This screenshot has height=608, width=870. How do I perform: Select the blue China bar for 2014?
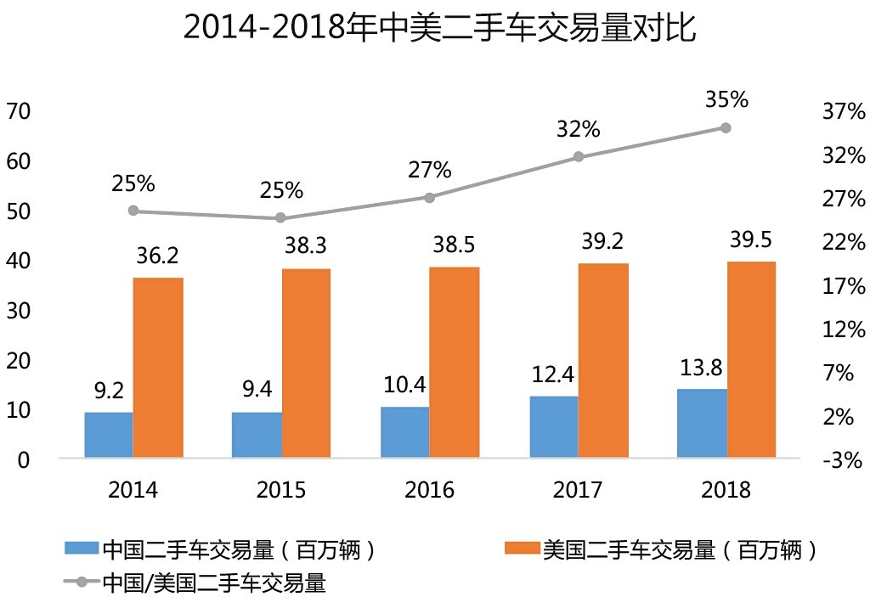click(109, 435)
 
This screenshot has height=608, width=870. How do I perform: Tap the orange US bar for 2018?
click(751, 359)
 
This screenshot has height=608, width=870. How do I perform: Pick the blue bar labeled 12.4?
click(554, 426)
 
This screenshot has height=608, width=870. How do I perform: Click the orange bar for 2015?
click(306, 363)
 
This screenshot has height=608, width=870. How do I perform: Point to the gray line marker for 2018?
click(726, 127)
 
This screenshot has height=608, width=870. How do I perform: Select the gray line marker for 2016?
click(429, 197)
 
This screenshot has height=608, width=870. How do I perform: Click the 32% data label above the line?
click(579, 129)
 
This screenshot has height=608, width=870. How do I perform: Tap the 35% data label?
click(726, 99)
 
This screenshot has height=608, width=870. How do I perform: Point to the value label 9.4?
click(257, 391)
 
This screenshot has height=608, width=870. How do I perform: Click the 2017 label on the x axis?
click(578, 490)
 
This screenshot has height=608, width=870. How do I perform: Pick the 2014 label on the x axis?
click(133, 490)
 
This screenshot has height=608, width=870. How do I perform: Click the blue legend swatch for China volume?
click(82, 549)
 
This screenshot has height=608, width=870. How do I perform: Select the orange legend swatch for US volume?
click(522, 549)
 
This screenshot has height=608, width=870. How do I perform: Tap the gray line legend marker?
click(82, 583)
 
